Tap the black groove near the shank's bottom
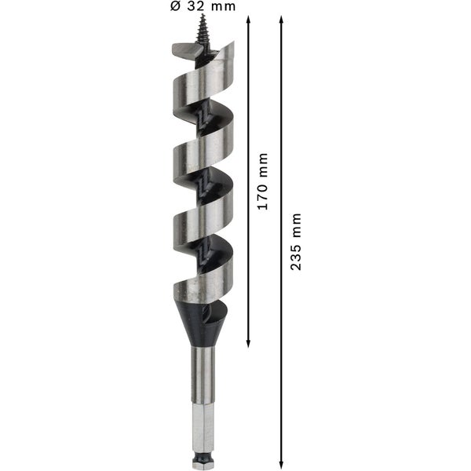click(x=202, y=455)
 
